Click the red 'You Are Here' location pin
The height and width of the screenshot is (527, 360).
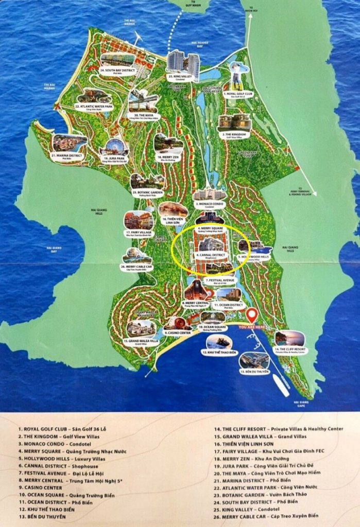pos(251,315)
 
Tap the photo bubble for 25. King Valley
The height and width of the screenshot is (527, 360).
pos(183,62)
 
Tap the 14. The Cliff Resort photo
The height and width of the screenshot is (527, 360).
pos(289,339)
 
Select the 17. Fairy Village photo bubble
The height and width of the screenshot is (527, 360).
pos(139,220)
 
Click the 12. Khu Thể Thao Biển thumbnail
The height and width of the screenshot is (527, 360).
pos(219,342)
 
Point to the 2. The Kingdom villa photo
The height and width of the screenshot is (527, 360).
pos(234,122)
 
